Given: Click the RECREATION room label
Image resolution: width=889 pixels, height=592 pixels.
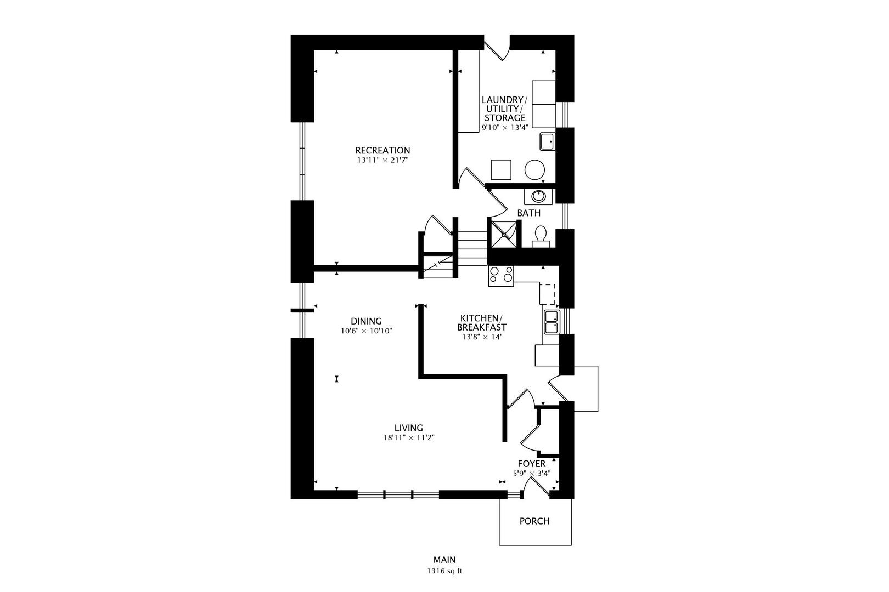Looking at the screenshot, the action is (x=382, y=151).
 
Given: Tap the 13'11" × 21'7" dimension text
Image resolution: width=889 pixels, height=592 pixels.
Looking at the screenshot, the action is (x=382, y=161).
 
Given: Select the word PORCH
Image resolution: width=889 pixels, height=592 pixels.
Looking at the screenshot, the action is (x=534, y=521).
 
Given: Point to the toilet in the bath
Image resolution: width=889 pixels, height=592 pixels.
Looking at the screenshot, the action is (x=541, y=237).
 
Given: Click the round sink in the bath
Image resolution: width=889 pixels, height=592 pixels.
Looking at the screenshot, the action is (x=538, y=196).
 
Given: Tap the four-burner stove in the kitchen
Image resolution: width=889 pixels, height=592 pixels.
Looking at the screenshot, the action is (x=501, y=276).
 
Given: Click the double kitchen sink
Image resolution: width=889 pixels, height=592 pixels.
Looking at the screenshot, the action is (x=552, y=322).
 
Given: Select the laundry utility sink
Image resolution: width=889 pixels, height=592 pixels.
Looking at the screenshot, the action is (x=547, y=141).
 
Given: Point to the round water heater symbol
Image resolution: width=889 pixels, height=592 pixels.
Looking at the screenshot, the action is (x=534, y=170).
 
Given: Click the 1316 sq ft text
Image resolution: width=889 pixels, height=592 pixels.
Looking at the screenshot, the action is (x=444, y=571).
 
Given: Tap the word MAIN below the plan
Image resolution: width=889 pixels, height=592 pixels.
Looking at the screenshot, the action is (x=444, y=560).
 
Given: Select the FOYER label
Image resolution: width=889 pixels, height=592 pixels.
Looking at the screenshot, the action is (x=531, y=464).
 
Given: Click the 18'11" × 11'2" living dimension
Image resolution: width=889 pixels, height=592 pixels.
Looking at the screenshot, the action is (x=409, y=438).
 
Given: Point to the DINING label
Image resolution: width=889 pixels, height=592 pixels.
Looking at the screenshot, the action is (x=366, y=321).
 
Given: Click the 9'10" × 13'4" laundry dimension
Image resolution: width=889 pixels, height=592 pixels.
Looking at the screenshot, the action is (x=505, y=128).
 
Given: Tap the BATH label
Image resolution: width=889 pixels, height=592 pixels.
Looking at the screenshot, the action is (x=528, y=213).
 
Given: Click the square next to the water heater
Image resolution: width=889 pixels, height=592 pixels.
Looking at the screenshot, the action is (x=501, y=170).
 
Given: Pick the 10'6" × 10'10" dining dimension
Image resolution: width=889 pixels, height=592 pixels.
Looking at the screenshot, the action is (x=367, y=331).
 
